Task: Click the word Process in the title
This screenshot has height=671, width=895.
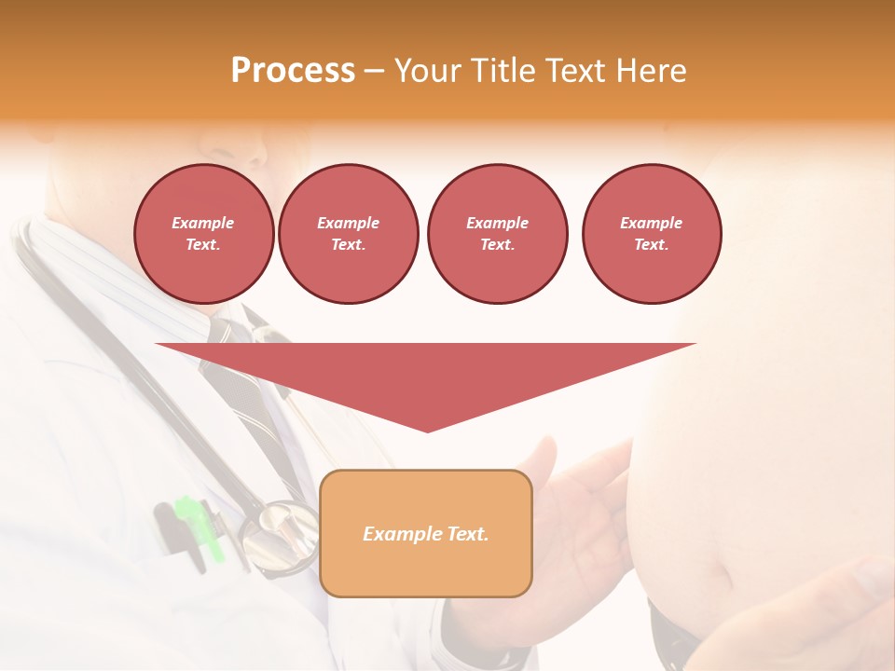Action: pos(293,71)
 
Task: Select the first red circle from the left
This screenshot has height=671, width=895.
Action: pos(203,234)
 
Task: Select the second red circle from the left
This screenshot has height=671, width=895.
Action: pos(348,234)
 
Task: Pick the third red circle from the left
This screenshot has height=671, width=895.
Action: pos(497,234)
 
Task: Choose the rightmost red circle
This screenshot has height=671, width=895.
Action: pos(651,234)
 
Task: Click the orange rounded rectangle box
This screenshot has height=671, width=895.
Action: pos(425,533)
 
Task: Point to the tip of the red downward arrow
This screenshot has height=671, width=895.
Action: pos(427,430)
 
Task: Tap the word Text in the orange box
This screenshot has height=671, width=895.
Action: pos(466,534)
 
